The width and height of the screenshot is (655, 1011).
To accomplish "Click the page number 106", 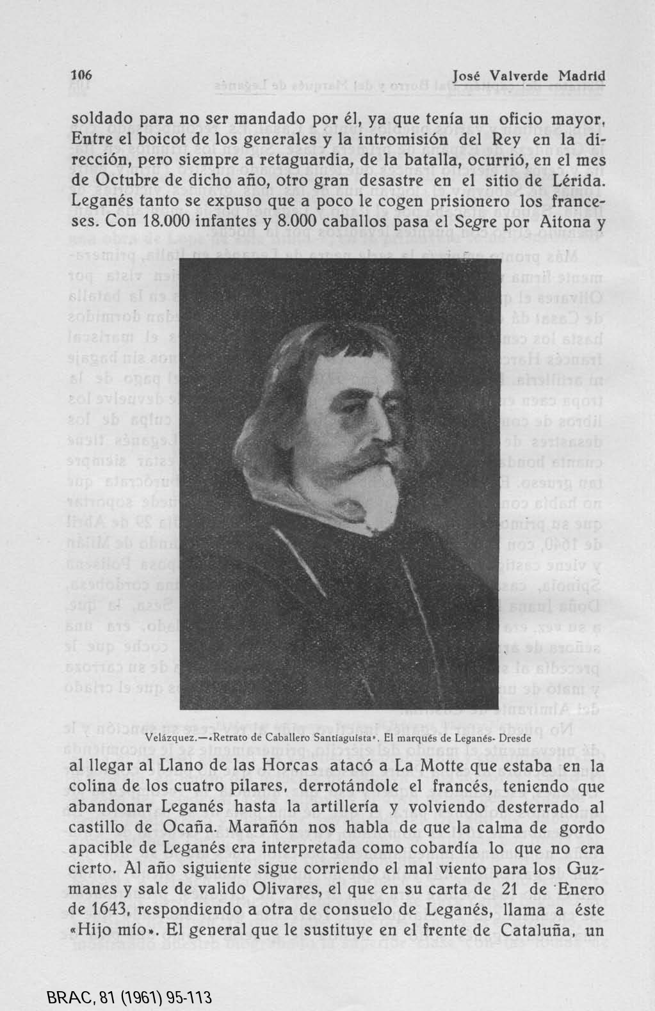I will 81,76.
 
